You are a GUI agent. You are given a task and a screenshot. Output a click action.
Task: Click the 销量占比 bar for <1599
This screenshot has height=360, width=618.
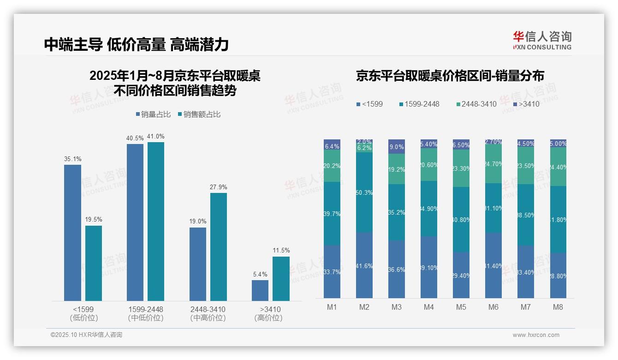pyautogui.click(x=72, y=233)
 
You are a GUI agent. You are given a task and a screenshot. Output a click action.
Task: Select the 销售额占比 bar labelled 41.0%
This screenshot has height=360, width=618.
pyautogui.click(x=156, y=222)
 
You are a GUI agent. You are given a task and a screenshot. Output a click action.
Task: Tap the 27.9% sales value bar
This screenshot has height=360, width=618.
pyautogui.click(x=219, y=246)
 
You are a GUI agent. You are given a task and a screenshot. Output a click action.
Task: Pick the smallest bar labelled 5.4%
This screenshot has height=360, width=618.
pyautogui.click(x=260, y=290)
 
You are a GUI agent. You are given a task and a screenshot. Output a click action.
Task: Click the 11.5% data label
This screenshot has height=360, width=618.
pyautogui.click(x=281, y=250)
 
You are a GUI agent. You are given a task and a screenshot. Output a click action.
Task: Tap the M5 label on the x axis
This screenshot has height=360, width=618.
pyautogui.click(x=461, y=307)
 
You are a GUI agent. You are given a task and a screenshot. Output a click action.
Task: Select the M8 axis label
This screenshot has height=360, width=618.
pyautogui.click(x=558, y=307)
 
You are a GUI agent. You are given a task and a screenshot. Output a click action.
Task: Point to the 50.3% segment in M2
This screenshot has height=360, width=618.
pyautogui.click(x=364, y=192)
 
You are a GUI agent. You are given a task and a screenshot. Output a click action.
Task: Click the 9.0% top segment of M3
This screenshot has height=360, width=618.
pyautogui.click(x=396, y=147)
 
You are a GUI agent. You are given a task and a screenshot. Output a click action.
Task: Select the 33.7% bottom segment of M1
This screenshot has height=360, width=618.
pyautogui.click(x=332, y=272)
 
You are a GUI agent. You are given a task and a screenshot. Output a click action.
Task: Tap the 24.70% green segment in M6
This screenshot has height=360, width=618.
pyautogui.click(x=493, y=163)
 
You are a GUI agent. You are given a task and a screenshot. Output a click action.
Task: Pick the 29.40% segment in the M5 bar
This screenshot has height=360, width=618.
pyautogui.click(x=461, y=275)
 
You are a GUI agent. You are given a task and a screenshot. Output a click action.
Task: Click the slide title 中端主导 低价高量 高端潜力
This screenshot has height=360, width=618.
pyautogui.click(x=137, y=44)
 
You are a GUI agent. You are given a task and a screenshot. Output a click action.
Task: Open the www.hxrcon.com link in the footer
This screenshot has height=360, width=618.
pyautogui.click(x=536, y=335)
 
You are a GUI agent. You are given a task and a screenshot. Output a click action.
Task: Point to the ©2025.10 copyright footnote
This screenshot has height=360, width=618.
pyautogui.click(x=86, y=335)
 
